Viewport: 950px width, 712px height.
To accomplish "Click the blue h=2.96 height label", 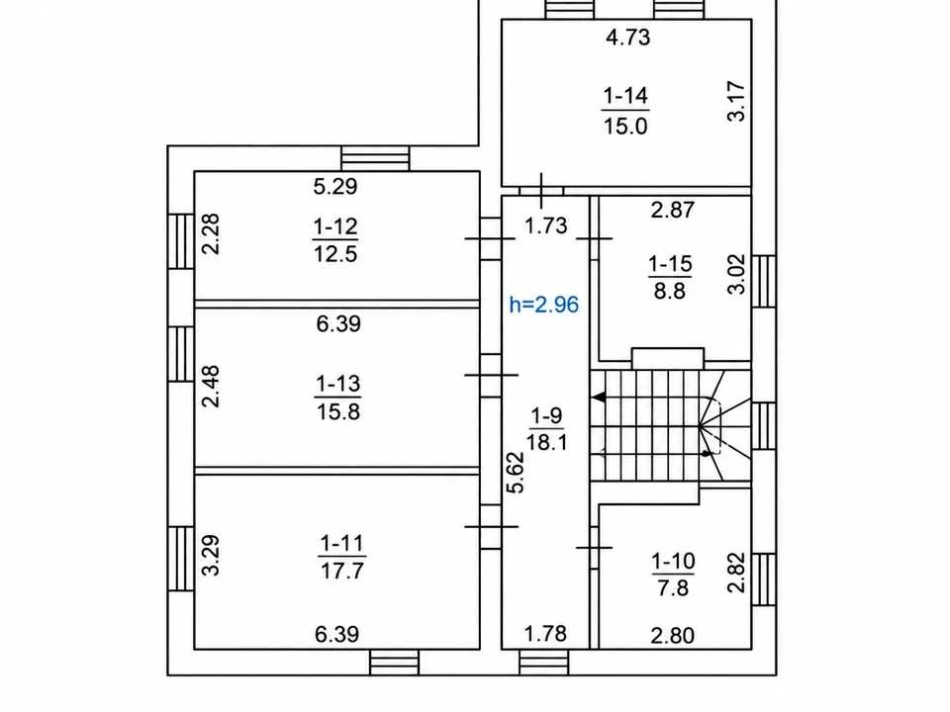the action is click(544, 304).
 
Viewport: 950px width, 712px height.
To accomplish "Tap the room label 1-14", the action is click(625, 96).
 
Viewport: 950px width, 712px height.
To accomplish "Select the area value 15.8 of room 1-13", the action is click(338, 411).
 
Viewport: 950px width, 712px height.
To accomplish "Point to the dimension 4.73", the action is click(627, 37).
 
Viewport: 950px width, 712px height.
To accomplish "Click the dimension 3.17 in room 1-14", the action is click(736, 101).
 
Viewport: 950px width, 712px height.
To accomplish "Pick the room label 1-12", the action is click(335, 227).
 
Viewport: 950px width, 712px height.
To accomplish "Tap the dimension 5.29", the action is click(335, 186).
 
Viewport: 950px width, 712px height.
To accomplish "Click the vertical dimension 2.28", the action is click(211, 234).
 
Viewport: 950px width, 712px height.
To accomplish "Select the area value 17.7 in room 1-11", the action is click(342, 571).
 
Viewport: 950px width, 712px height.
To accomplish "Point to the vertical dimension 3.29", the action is click(211, 555).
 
